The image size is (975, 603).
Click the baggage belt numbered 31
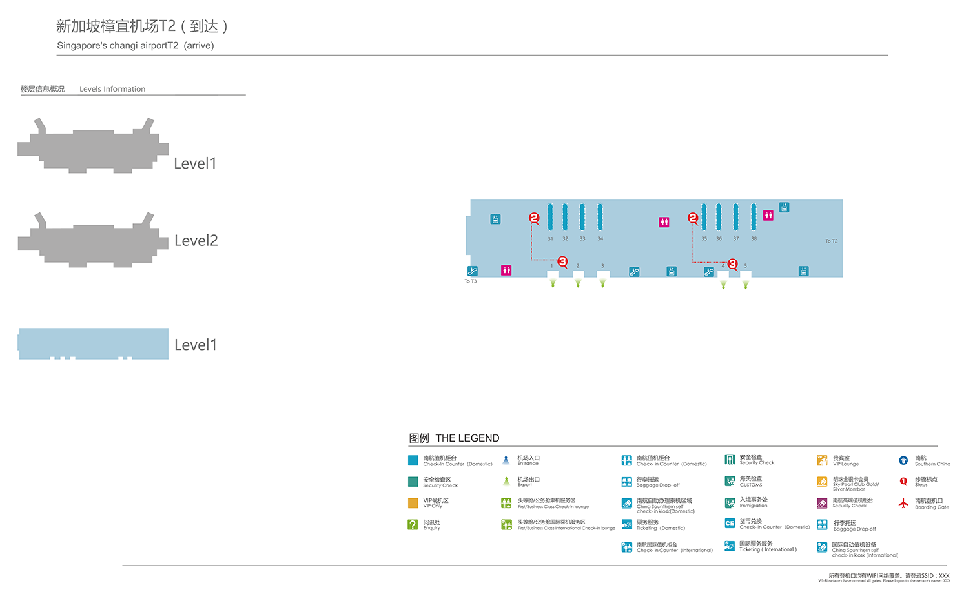tap(550, 217)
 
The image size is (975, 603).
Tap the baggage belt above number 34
tap(600, 217)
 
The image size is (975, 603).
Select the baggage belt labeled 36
tap(719, 217)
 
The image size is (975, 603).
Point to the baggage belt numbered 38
tap(754, 217)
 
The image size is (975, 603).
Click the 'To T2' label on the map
tap(831, 241)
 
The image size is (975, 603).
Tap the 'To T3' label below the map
tap(470, 281)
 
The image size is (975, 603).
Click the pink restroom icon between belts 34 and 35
tap(664, 222)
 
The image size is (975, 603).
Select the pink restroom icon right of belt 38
tap(768, 216)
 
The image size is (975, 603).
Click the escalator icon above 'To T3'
tap(472, 271)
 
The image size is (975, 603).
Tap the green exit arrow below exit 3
tap(602, 283)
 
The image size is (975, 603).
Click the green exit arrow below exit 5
tap(746, 284)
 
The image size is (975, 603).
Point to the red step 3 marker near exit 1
tap(562, 261)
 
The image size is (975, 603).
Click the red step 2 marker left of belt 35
tap(693, 218)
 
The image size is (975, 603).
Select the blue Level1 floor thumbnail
tap(94, 343)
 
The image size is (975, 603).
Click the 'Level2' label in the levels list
tap(196, 241)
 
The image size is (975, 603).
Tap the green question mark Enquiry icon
tap(413, 525)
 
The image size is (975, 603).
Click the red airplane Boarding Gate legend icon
tap(903, 503)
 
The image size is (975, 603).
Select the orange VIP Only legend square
tap(413, 503)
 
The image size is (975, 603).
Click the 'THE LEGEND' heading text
tap(467, 438)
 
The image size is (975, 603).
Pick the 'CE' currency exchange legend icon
tap(730, 523)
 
